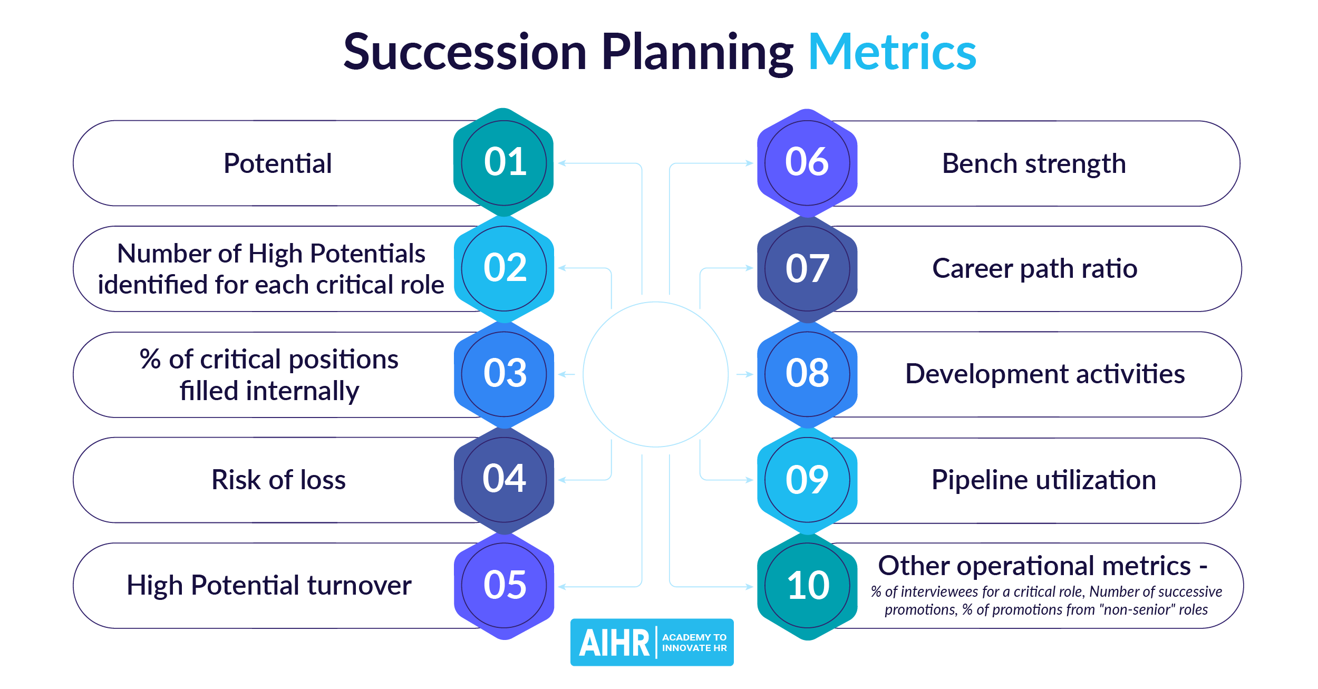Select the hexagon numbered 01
[x=504, y=162]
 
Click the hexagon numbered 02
[x=505, y=268]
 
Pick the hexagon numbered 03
[x=505, y=374]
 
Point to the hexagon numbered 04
[x=505, y=479]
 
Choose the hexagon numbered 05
[x=505, y=585]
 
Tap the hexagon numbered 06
[x=807, y=162]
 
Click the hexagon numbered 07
[x=807, y=268]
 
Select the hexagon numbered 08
[x=807, y=374]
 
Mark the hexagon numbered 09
[x=807, y=480]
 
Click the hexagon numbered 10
[x=807, y=586]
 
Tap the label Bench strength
[x=1034, y=163]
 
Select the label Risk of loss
[x=278, y=480]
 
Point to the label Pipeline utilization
[x=1044, y=480]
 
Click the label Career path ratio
[x=1035, y=269]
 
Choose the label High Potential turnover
[x=269, y=585]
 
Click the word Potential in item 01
[x=278, y=163]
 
